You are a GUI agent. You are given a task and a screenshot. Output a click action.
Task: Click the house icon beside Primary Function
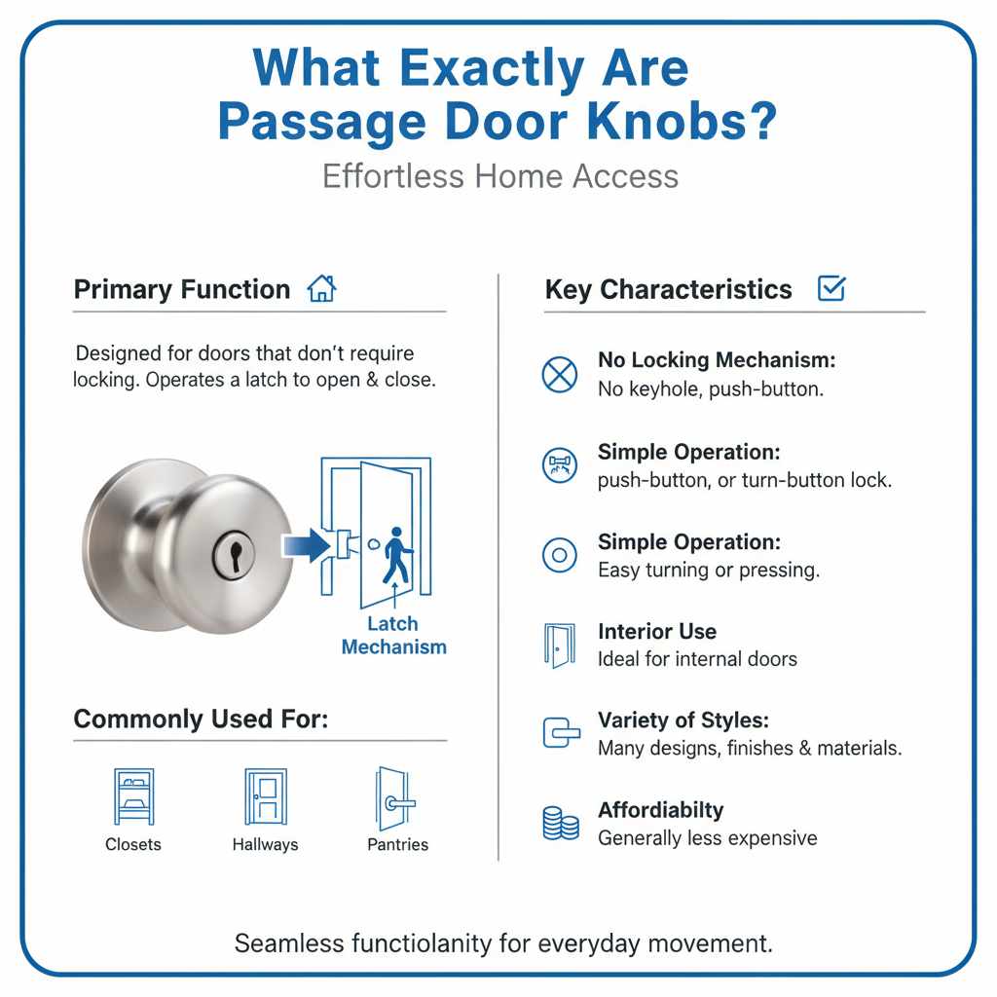pos(321,289)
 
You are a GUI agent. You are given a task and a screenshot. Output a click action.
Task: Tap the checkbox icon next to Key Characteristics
pos(831,288)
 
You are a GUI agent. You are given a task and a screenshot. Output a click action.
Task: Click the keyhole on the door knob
pos(235,552)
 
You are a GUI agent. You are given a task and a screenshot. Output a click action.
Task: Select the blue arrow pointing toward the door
pos(306,544)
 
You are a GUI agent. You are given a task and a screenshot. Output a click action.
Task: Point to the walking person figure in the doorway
pos(396,555)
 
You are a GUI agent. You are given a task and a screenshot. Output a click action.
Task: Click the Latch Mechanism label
pos(393,635)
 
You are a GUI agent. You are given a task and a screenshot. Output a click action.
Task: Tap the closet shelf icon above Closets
pos(133,796)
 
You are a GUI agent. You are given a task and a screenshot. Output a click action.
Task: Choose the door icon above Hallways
pos(265,796)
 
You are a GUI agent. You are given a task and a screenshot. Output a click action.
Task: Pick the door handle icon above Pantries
pos(395,798)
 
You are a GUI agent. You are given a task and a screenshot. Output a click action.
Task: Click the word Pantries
pos(397,844)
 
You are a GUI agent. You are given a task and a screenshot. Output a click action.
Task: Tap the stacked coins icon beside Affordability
pos(559,823)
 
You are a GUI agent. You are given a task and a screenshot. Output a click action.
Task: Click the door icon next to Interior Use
pos(559,646)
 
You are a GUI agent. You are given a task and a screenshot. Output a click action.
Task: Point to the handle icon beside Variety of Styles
pos(559,733)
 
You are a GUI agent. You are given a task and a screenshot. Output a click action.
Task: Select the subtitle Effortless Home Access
pos(499,176)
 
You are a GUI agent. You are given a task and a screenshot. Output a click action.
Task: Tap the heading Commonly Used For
pos(201,720)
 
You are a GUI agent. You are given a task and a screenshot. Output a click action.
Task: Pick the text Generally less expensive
pos(707,838)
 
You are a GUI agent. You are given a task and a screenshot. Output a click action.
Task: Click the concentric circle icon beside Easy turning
pos(559,555)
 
